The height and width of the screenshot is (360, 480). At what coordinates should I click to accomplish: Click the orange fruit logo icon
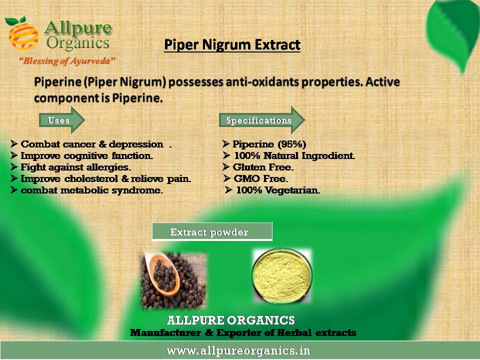coord(22,33)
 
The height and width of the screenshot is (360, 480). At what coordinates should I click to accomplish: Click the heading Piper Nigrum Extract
coord(232,44)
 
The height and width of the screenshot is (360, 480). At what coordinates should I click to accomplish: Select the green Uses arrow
coord(62,120)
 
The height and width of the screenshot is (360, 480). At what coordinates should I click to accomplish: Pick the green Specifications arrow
coord(262,120)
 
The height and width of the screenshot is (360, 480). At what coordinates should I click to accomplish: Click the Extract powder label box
coord(212,231)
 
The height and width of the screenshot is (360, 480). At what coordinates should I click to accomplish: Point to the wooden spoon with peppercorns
coord(162,273)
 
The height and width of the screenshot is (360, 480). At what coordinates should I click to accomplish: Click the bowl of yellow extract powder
coord(282,276)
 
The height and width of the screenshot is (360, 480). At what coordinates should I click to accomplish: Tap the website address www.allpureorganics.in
coord(238,350)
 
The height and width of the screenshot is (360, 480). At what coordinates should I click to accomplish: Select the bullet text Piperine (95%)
coord(269,144)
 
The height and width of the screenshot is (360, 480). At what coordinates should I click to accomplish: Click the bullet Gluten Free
coord(263,167)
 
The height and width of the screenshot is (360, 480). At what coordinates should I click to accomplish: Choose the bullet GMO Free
coord(261,178)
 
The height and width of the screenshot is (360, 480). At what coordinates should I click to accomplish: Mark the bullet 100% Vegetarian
coord(278,190)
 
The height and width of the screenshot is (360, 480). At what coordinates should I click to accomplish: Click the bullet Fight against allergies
coord(76,167)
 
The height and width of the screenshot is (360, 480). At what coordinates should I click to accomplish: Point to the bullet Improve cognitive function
coord(86,156)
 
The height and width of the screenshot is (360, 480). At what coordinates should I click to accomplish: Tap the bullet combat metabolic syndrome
coord(92,190)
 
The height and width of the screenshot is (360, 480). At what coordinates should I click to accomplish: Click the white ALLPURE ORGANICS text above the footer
coord(231,320)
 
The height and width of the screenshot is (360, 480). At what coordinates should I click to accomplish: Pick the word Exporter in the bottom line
coord(238,333)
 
